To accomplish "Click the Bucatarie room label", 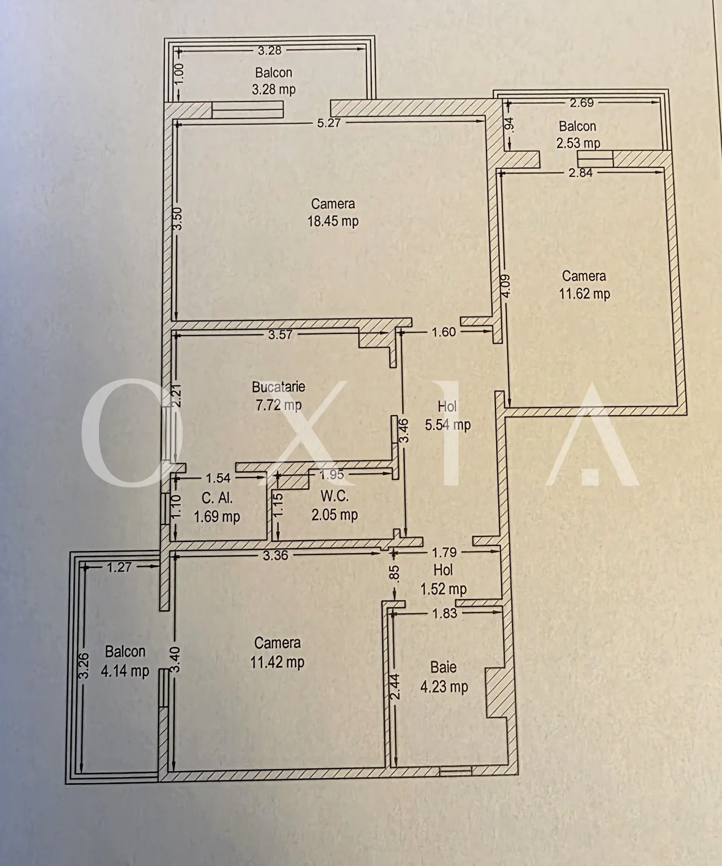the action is click(x=278, y=387).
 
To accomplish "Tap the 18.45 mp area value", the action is click(x=333, y=221).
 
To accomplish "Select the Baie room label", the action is click(x=443, y=667).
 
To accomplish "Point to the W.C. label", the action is click(x=334, y=496).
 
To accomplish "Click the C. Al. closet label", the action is click(x=216, y=498).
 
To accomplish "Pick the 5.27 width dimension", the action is click(x=329, y=123).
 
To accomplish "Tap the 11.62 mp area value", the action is click(x=584, y=294).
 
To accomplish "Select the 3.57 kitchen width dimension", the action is click(x=280, y=334).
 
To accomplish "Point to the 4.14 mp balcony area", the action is click(x=125, y=671).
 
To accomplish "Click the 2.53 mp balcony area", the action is click(x=578, y=143).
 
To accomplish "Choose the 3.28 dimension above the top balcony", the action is click(x=270, y=50).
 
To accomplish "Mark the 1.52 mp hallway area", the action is click(x=443, y=589).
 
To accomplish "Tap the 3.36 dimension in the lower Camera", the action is click(x=275, y=555).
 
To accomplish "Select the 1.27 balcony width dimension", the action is click(x=119, y=567).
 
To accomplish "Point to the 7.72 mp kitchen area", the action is click(x=278, y=405).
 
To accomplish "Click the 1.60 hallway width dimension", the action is click(x=444, y=332).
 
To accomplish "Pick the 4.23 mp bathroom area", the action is click(x=444, y=687).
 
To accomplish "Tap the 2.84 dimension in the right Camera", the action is click(x=581, y=173).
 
